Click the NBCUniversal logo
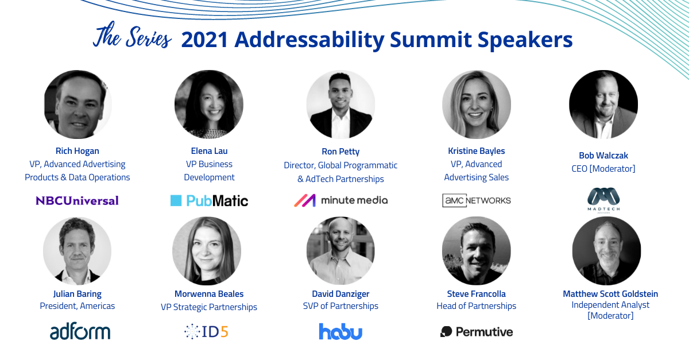[77, 200]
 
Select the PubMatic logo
[209, 200]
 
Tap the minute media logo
[340, 200]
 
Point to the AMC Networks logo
[476, 200]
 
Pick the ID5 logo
[206, 332]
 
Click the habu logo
[340, 331]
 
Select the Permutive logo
[476, 332]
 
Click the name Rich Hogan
[77, 151]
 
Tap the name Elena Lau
[209, 151]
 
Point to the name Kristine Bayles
[476, 151]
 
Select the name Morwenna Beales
[208, 294]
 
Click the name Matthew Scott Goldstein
[610, 294]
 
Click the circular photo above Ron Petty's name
[340, 104]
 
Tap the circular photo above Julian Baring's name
[77, 251]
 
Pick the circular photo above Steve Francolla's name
[476, 251]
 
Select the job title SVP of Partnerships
[340, 306]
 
